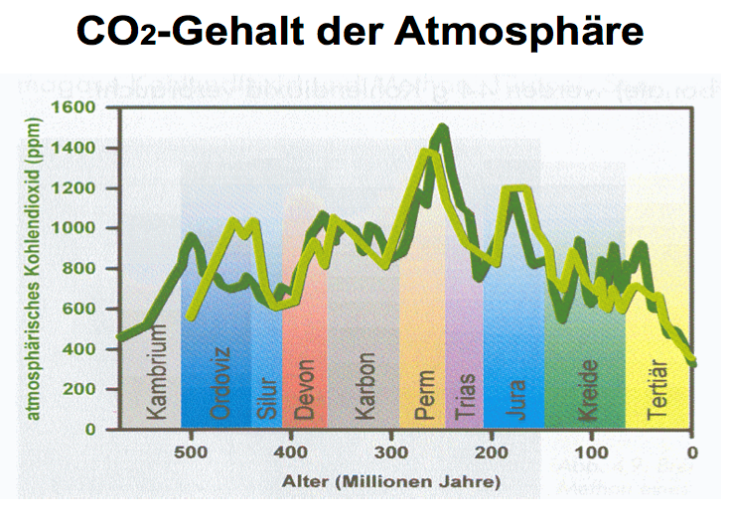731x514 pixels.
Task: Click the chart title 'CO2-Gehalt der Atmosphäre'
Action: (x=360, y=34)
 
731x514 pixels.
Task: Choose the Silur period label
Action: (x=265, y=396)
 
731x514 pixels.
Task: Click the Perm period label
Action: (x=424, y=394)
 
